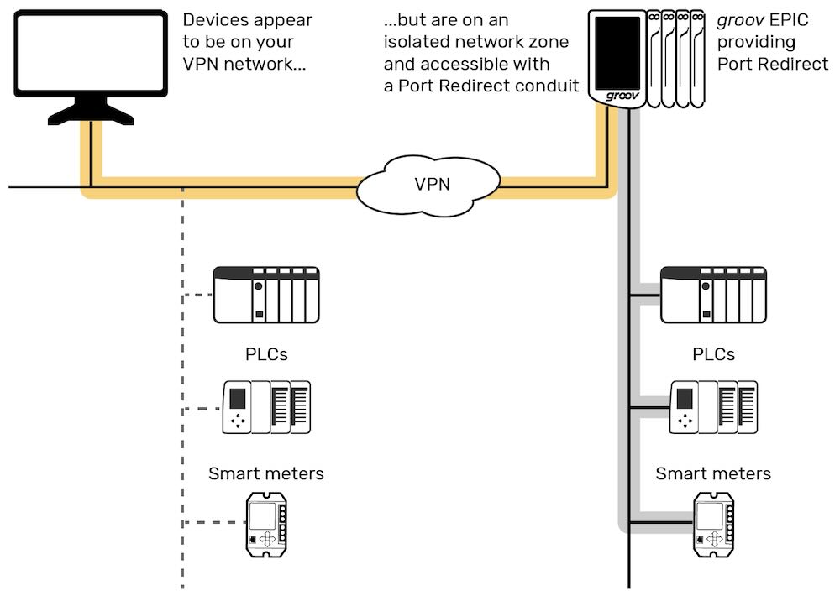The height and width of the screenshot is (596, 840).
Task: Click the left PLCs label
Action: tap(266, 354)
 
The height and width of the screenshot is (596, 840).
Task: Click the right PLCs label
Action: tap(713, 354)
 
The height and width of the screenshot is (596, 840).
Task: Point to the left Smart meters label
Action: tap(266, 473)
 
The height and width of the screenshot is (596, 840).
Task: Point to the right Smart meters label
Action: tap(713, 473)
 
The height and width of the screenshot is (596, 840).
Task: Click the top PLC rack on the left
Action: tap(266, 295)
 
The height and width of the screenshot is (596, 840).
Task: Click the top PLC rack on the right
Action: tap(713, 295)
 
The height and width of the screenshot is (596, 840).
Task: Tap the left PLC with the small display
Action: tap(266, 407)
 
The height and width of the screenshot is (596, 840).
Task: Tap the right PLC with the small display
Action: tap(713, 407)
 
